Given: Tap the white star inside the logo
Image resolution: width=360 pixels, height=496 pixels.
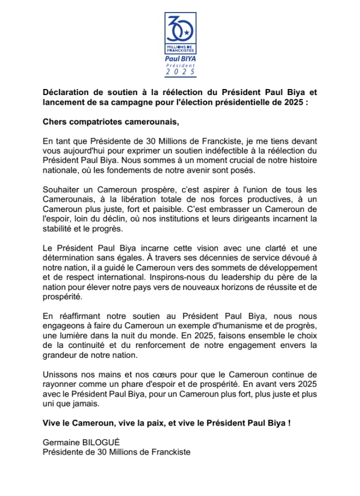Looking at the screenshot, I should tap(186, 33).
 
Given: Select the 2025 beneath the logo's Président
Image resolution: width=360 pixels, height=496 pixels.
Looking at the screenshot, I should tap(180, 71).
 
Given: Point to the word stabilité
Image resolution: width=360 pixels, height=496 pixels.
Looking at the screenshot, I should tap(60, 229).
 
